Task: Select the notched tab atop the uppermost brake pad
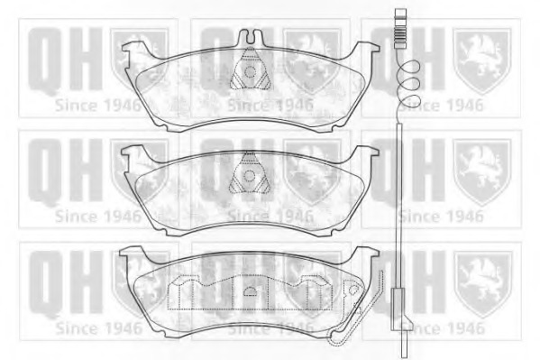(250, 36)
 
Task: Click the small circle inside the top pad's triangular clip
(250, 72)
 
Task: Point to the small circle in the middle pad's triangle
(249, 176)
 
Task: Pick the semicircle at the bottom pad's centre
(251, 291)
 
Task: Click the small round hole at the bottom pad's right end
(353, 290)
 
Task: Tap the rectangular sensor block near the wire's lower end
(398, 309)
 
